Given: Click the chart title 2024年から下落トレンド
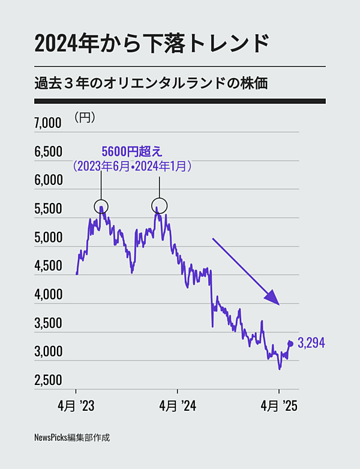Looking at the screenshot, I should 150,44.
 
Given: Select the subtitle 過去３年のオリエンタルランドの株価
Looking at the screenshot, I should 151,83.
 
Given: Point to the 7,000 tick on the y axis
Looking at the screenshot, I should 47,123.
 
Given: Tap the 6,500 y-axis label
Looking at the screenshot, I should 47,152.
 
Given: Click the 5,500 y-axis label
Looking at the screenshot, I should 47,210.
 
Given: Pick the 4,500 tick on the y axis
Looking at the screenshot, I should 47,267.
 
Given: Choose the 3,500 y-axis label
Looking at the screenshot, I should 47,324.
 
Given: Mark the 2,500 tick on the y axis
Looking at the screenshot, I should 47,381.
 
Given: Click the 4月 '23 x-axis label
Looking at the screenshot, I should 77,407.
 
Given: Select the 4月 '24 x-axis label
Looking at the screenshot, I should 178,407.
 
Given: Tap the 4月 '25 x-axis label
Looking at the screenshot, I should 280,407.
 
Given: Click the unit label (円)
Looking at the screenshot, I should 85,117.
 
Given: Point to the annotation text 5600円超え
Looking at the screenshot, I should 132,150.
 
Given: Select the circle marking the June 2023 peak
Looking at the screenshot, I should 101,206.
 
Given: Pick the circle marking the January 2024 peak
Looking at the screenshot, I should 159,206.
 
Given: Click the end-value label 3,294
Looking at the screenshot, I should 311,343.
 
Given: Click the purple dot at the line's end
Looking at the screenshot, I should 291,343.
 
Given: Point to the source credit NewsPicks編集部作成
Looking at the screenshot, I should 72,438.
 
